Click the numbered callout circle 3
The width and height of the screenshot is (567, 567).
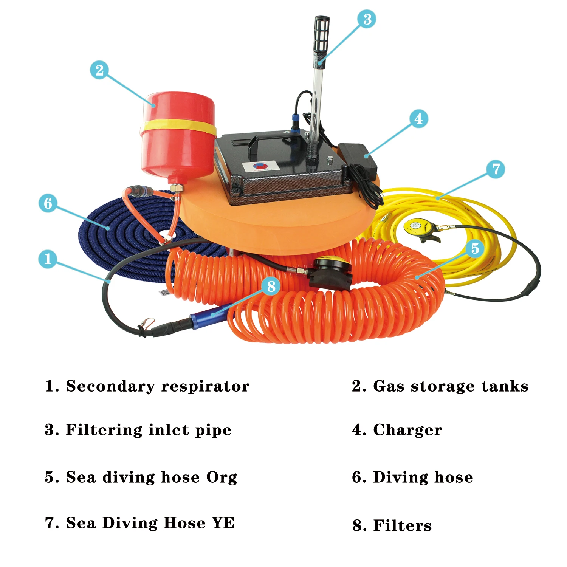(x=367, y=19)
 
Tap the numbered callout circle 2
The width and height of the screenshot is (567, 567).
(x=99, y=70)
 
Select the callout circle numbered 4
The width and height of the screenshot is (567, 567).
(x=418, y=119)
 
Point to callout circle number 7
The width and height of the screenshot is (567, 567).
(x=496, y=169)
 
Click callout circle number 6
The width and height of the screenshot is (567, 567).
(x=48, y=203)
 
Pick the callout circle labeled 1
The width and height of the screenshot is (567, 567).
(x=48, y=259)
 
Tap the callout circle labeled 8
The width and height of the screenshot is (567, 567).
(x=271, y=286)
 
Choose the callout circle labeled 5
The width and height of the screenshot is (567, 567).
(x=475, y=248)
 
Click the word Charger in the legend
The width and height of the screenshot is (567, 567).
(x=407, y=430)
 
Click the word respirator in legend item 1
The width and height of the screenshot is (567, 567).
(x=205, y=386)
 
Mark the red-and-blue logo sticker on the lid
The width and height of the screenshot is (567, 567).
(x=260, y=166)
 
